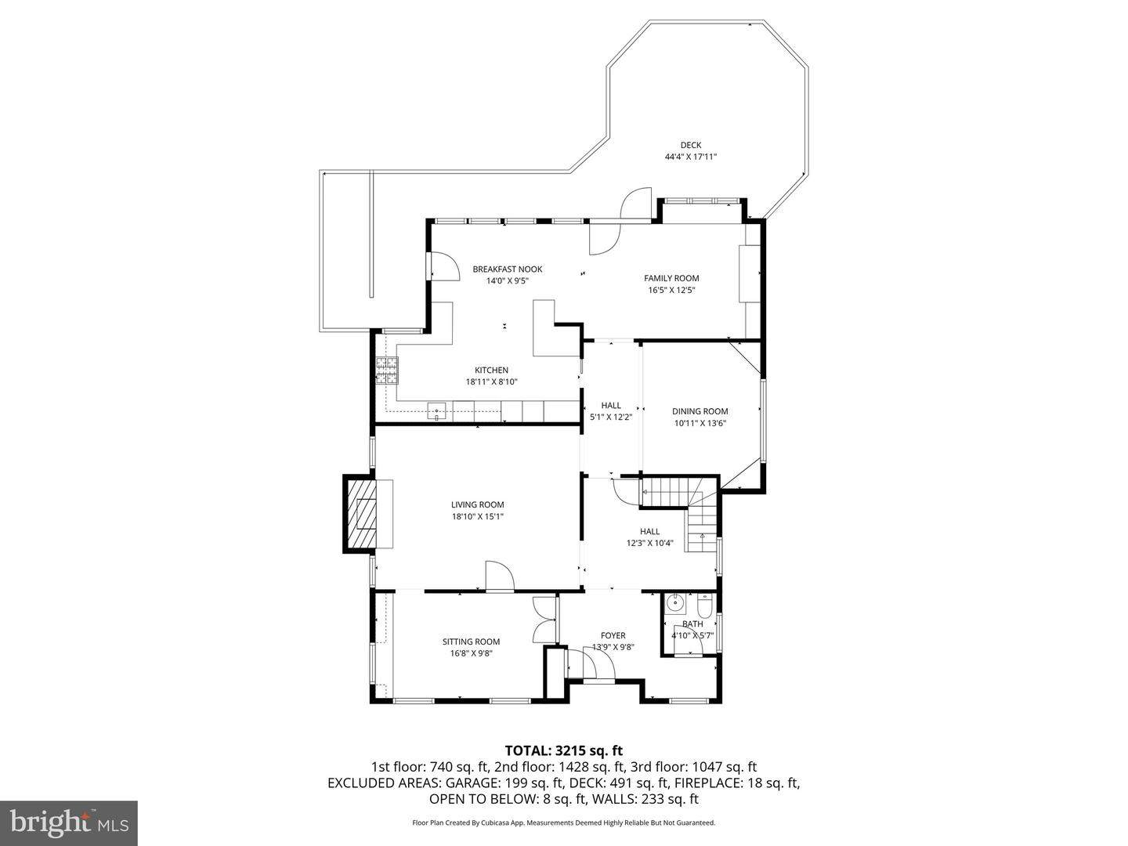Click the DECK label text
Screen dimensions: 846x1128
(x=690, y=145)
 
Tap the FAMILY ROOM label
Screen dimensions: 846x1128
(x=671, y=278)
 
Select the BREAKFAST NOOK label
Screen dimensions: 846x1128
(x=507, y=269)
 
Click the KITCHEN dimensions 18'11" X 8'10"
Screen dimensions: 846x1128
(x=491, y=382)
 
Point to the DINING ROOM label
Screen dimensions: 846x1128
(x=700, y=411)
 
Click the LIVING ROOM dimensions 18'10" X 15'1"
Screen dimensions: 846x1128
(x=477, y=517)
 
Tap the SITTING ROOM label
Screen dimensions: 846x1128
(x=471, y=642)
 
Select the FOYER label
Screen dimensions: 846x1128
(x=613, y=635)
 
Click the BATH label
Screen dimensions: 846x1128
(x=692, y=624)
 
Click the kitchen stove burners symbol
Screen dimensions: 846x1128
(x=386, y=370)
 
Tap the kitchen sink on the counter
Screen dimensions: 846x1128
(x=436, y=410)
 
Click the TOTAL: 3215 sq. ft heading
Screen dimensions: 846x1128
(x=563, y=750)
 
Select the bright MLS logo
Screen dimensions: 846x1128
(x=68, y=822)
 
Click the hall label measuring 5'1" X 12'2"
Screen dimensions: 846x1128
(x=611, y=411)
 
